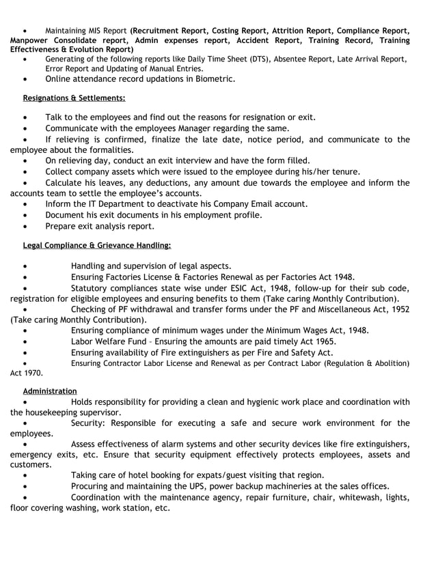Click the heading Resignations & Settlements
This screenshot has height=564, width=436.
coord(74,98)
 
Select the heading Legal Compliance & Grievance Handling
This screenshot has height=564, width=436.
coord(96,245)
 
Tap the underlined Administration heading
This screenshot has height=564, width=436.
coord(50,391)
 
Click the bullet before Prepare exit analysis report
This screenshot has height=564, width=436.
coord(25,226)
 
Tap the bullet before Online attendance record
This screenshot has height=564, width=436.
coord(25,79)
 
